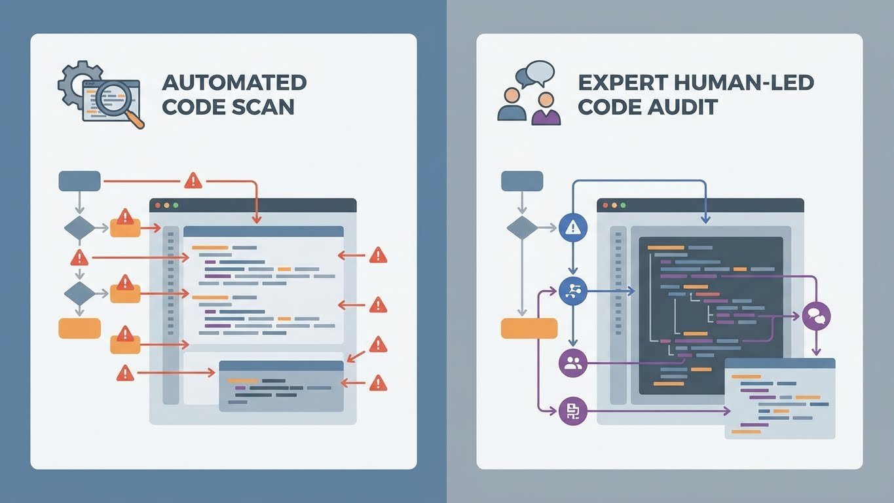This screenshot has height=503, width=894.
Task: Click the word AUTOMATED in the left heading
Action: pos(234,83)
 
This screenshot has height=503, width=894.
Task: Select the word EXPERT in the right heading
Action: pos(617,83)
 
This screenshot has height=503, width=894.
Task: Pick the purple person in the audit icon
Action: pos(546,109)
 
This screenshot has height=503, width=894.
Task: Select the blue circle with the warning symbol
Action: pos(574,227)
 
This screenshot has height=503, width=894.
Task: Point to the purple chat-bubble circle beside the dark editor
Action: pos(816,317)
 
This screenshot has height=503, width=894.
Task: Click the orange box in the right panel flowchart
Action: pos(529,328)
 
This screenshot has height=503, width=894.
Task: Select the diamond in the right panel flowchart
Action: pos(522,228)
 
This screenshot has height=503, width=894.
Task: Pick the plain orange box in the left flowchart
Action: pos(79,328)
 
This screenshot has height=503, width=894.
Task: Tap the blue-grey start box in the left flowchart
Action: pos(79,181)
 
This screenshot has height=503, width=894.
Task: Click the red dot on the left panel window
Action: pos(157,205)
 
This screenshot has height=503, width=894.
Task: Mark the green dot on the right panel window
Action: pos(623,205)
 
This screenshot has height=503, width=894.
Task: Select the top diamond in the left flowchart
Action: pos(79,228)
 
